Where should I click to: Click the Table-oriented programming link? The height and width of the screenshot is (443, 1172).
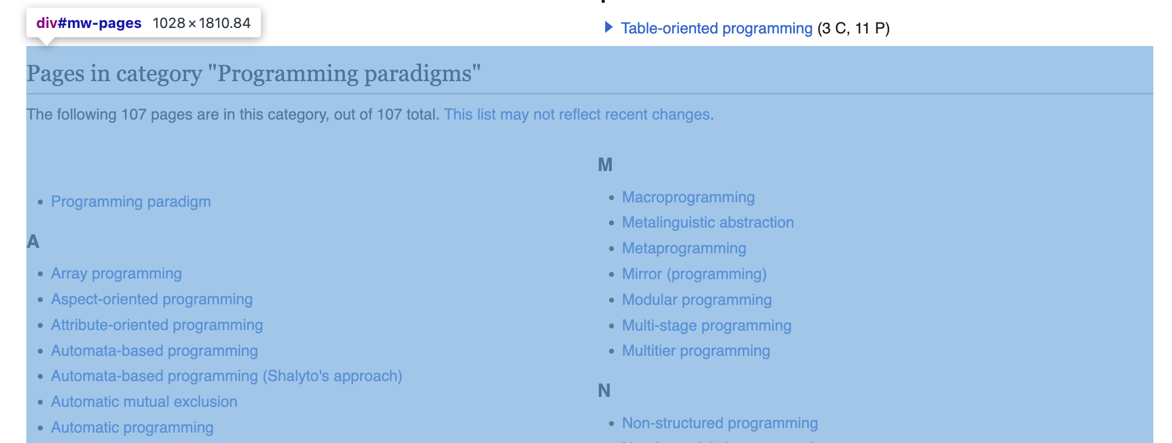[x=716, y=29]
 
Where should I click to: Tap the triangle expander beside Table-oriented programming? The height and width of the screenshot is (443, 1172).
[x=608, y=27]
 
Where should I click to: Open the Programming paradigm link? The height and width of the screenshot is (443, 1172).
[x=130, y=202]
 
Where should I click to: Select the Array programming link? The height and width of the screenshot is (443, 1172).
[x=116, y=274]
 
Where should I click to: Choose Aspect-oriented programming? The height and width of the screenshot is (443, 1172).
[x=151, y=299]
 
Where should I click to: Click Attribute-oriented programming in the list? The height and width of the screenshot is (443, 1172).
[x=157, y=325]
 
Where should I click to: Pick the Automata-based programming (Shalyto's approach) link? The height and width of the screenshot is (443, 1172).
[x=226, y=376]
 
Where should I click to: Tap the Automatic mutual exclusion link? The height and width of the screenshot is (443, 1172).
[x=144, y=402]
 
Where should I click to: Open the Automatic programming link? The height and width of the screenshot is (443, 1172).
[x=132, y=428]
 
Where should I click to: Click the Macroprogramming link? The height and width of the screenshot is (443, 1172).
[x=688, y=197]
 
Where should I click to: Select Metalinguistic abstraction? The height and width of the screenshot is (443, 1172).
[x=708, y=223]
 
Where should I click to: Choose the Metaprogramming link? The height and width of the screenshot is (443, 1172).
[x=684, y=248]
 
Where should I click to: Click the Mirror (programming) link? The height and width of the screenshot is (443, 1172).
[x=694, y=274]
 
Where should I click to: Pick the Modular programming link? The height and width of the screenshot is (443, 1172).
[x=697, y=300]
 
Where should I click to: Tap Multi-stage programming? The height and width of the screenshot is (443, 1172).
[x=707, y=326]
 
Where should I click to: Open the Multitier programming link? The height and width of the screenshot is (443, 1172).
[x=696, y=351]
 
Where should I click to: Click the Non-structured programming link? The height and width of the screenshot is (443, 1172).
[x=720, y=423]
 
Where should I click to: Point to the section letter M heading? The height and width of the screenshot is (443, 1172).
[x=605, y=164]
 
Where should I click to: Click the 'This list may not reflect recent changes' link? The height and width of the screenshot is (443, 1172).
[x=577, y=115]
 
